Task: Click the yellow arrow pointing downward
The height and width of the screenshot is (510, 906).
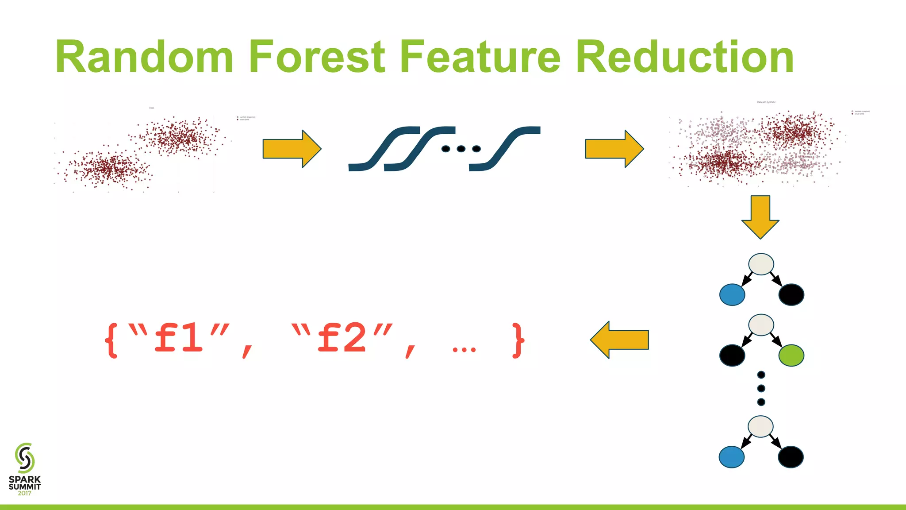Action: click(760, 217)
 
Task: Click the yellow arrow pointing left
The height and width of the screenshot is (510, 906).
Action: click(619, 340)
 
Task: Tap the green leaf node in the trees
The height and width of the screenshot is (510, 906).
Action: click(791, 355)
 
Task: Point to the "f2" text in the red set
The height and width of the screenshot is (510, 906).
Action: click(342, 339)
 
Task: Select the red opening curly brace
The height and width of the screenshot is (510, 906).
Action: click(111, 340)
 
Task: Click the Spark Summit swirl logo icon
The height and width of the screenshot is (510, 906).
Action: click(25, 458)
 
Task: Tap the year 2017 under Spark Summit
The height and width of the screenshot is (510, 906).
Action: click(25, 493)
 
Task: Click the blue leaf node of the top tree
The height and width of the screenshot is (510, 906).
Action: click(732, 295)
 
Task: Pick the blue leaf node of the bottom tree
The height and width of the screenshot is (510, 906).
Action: click(732, 457)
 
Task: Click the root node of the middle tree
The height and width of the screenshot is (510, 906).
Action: click(761, 325)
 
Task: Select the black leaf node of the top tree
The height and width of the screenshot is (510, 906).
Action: click(791, 295)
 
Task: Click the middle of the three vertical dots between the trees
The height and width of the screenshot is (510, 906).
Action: click(761, 388)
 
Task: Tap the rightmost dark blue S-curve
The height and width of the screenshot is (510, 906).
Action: click(504, 148)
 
